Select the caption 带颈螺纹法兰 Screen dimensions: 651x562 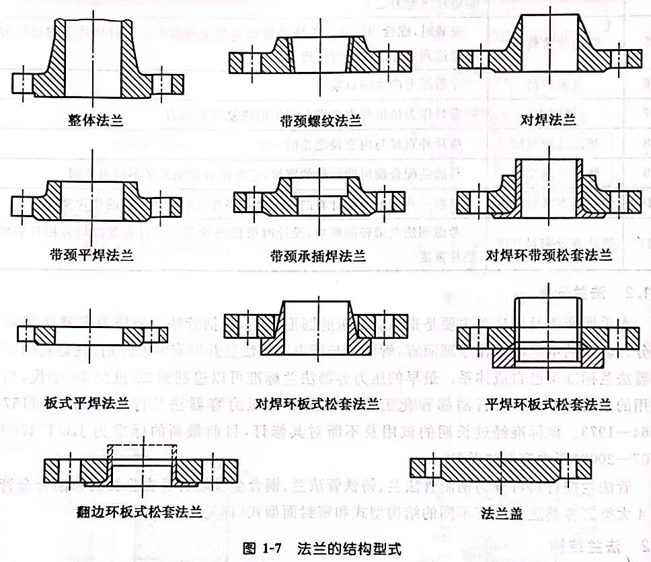point(319,122)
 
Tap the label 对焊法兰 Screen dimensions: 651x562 point(548,120)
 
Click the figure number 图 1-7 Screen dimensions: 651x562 point(264,549)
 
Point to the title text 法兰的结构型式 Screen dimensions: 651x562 point(349,549)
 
